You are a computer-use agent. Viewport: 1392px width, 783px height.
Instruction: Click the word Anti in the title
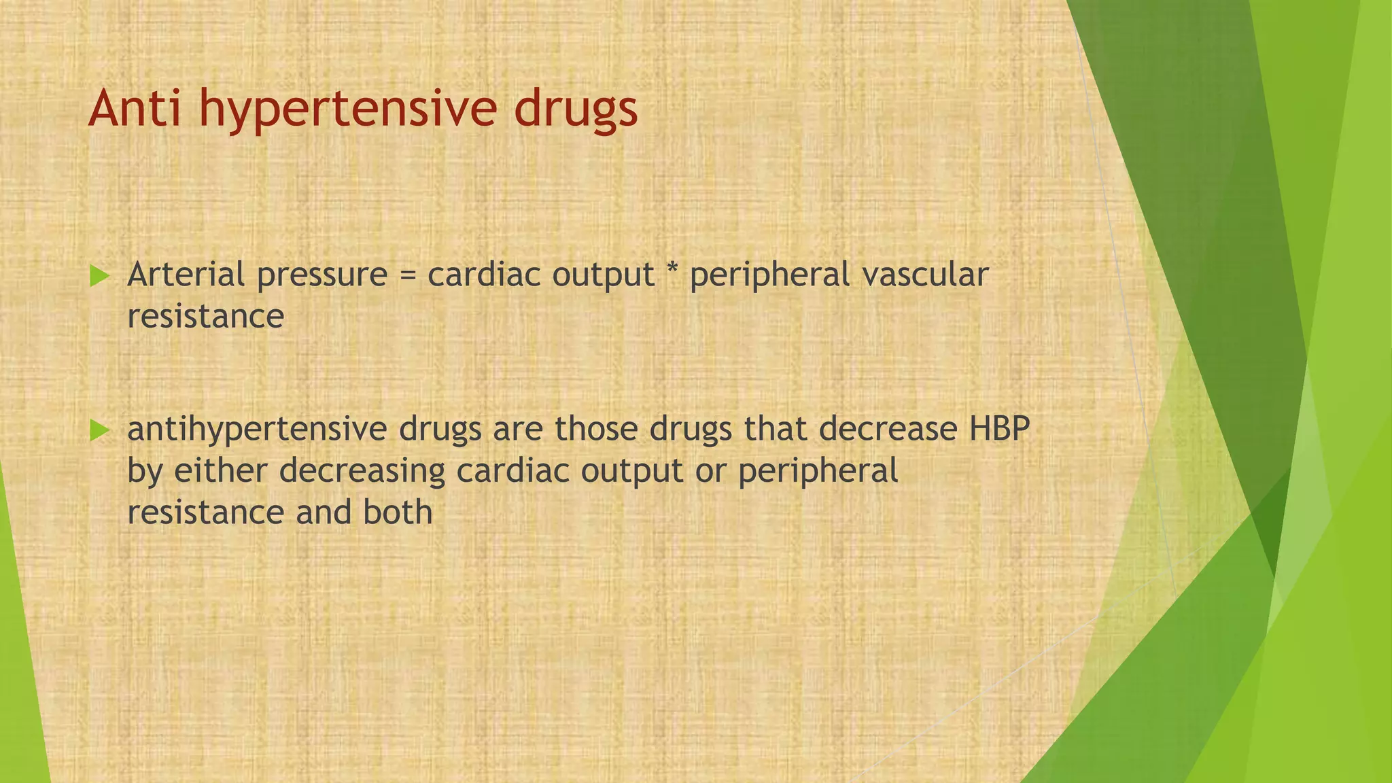(134, 108)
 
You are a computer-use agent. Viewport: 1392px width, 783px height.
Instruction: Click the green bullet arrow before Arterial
(99, 276)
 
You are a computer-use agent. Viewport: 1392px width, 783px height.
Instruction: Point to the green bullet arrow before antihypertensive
(99, 430)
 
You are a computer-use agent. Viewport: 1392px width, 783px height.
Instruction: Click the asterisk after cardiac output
(672, 272)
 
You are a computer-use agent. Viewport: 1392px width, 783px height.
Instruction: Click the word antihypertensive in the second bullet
(258, 430)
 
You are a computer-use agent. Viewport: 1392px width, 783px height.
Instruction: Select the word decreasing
(362, 472)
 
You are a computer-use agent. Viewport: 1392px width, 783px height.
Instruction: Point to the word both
(398, 512)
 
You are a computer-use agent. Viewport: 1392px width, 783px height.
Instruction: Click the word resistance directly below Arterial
(205, 316)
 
